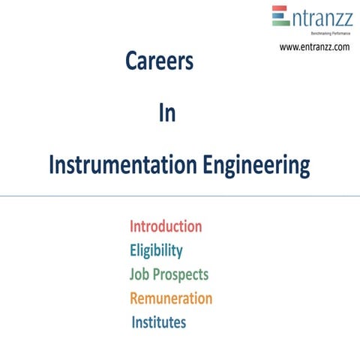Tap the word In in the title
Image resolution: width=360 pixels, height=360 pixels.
click(x=167, y=114)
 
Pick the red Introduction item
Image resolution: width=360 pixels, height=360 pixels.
click(x=166, y=226)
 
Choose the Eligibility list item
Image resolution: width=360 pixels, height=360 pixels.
click(x=156, y=250)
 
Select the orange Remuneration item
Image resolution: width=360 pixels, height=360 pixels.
click(x=171, y=298)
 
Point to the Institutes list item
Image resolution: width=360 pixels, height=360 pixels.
click(x=159, y=322)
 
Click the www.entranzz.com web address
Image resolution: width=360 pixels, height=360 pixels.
click(x=315, y=46)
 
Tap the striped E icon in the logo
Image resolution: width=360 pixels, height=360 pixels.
click(x=280, y=16)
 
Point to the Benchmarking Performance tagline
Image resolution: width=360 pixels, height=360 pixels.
click(x=325, y=33)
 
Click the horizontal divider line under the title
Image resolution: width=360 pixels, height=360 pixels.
click(x=180, y=196)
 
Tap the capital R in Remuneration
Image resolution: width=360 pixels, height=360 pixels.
click(x=135, y=298)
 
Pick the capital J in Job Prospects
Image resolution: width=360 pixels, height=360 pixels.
click(x=133, y=274)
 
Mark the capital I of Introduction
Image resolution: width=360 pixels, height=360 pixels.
click(x=132, y=226)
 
